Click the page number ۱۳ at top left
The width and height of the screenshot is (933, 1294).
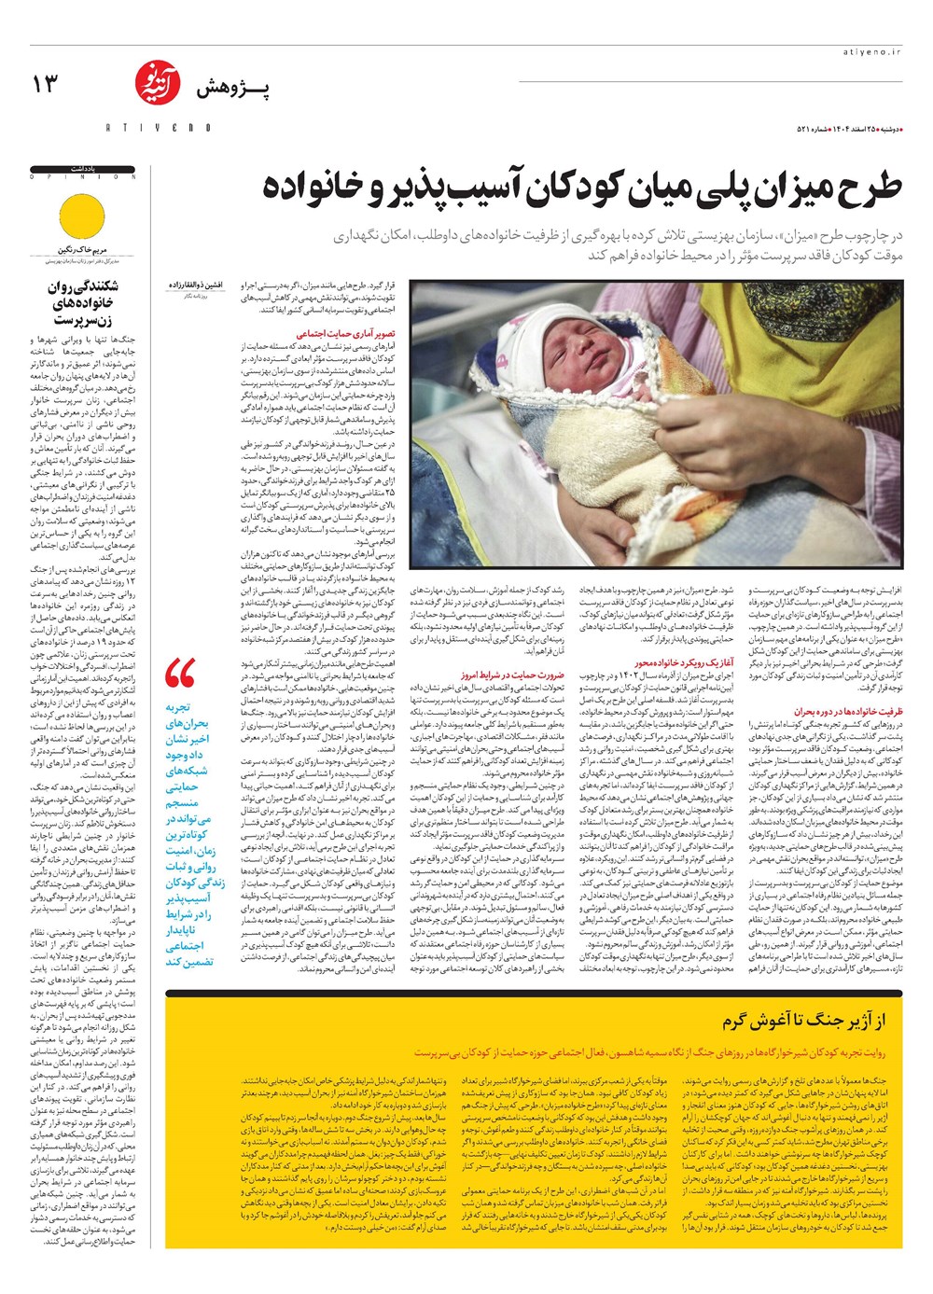point(45,84)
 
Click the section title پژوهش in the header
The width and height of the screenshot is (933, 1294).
point(232,89)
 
